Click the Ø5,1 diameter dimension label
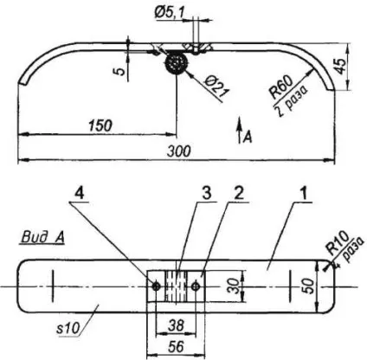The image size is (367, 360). tap(169, 13)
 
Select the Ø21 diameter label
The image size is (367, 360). tap(217, 87)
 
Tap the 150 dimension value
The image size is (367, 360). tap(100, 125)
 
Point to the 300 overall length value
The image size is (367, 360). tap(178, 151)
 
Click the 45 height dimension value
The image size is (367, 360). tap(341, 67)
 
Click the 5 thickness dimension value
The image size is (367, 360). tap(121, 71)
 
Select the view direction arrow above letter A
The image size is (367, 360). tap(239, 130)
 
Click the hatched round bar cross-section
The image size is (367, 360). tap(176, 63)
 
